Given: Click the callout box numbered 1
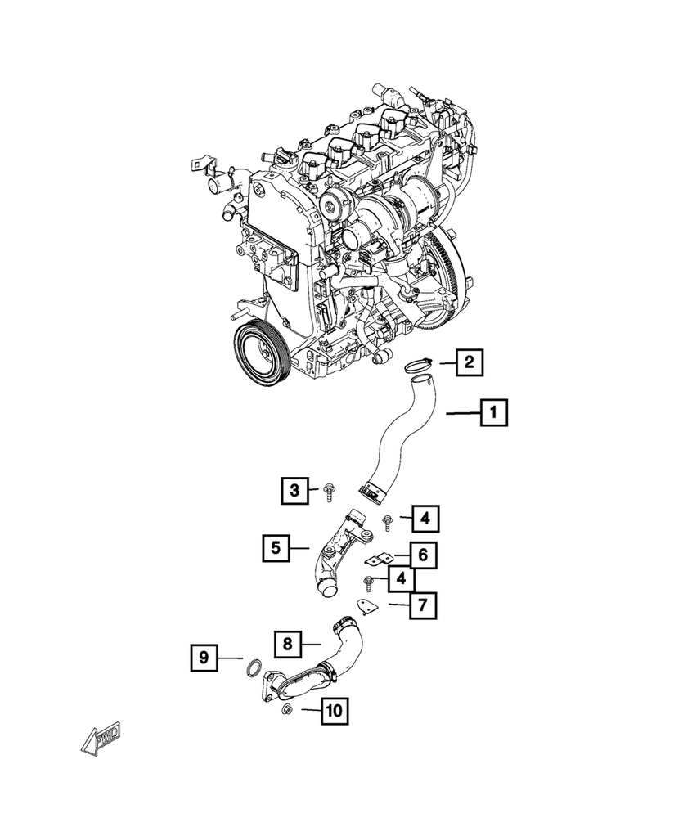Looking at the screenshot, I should pos(492,415).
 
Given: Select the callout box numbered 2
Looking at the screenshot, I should pos(469,362).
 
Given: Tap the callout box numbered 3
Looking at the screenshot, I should pos(293,491).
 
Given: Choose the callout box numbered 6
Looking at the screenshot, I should pos(422,556).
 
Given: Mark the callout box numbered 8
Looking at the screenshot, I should pos(288,644).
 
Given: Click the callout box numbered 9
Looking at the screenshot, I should pos(204,657).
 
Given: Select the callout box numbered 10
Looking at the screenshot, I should pos(334,712).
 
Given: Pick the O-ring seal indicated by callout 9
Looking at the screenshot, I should pos(254,667).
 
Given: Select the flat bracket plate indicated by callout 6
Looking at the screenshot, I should pos(377,561).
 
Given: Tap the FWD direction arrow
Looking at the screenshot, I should pos(101,740).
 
